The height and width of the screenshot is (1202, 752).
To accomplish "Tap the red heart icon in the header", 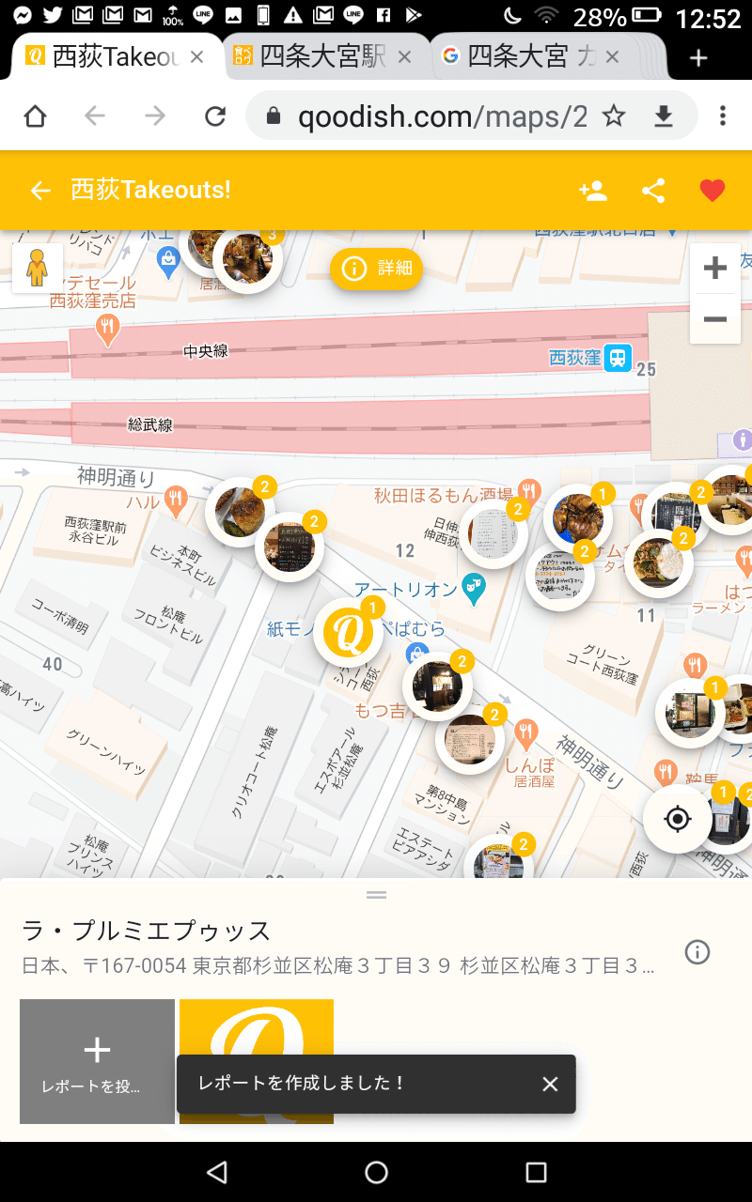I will point(713,191).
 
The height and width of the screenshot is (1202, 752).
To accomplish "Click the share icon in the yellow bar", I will point(653,191).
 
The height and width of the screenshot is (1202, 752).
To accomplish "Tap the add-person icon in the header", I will point(593,191).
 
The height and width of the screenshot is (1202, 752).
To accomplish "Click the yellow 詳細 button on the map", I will point(377,269).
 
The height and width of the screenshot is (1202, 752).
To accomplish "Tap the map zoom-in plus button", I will point(715,269).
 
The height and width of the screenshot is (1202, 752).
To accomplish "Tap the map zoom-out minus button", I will point(715,319).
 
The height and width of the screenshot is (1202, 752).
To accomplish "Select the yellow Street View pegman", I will point(37,269).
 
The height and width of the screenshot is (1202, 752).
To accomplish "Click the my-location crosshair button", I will point(677,819).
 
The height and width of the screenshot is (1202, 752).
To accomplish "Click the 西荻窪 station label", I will point(575,358).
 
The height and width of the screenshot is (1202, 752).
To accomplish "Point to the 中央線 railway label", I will point(205,351).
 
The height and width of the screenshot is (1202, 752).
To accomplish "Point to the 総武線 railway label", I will point(150,424).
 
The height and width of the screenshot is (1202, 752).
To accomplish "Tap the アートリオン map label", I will point(405,589).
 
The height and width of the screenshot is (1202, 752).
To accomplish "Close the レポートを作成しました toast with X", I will point(550,1084).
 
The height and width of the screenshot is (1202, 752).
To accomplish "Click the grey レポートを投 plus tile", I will point(97,1061).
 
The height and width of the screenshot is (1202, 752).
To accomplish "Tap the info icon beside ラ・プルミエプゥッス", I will point(697,952).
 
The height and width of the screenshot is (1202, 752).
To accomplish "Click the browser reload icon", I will point(215,116).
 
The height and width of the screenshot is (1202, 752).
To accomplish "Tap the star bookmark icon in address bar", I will point(614,116).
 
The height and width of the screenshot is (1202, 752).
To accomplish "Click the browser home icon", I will point(35,116).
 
